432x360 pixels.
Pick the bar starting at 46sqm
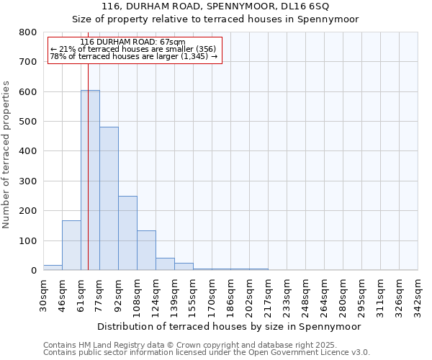[x=71, y=246]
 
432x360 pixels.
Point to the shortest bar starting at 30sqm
[x=53, y=268]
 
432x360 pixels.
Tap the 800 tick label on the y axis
[x=28, y=32]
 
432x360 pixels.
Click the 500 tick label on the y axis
[x=28, y=122]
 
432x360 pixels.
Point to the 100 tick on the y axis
[x=28, y=240]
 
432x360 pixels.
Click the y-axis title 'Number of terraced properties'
[x=6, y=154]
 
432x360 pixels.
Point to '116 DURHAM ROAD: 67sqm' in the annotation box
[x=133, y=42]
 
